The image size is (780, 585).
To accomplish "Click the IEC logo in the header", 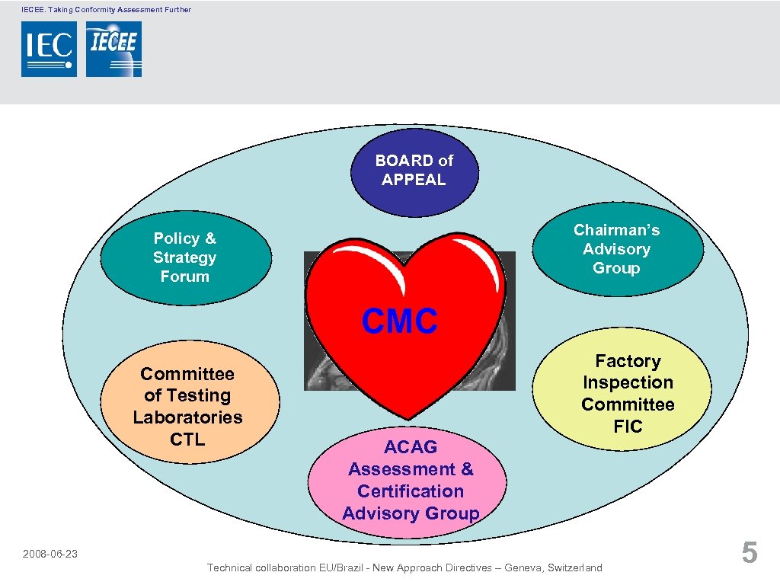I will (49, 49).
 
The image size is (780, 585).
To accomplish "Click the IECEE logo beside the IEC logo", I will (113, 49).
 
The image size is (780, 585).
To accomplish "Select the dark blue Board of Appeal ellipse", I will (414, 171).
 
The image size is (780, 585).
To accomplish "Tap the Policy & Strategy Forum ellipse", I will (185, 257).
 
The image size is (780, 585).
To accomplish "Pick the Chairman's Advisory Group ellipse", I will (617, 249).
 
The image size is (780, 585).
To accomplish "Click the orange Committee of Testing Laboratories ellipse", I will (187, 406).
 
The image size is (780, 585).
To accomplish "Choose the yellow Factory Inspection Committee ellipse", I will (628, 393).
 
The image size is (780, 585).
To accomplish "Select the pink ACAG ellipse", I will (411, 480).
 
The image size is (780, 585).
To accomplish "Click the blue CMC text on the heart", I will (400, 321).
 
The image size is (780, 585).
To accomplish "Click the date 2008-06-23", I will (50, 554).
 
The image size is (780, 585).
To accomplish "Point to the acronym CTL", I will (187, 439).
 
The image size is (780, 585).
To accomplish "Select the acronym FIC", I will (628, 427).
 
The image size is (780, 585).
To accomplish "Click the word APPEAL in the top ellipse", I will (414, 181).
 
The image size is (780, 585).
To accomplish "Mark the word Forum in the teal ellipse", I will (185, 277).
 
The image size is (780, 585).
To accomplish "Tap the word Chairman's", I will (617, 230).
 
